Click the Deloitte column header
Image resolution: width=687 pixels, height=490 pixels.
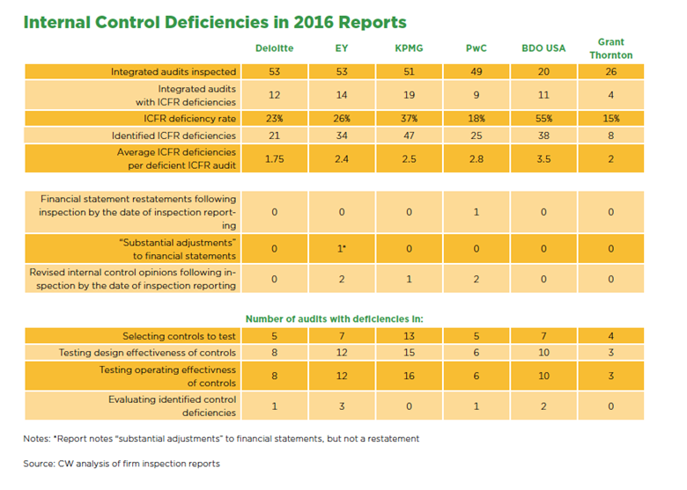tap(275, 48)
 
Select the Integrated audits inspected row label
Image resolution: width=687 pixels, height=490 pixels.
tap(174, 71)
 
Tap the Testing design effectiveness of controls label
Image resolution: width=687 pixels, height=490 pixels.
tap(147, 353)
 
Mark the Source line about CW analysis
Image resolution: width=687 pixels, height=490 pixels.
tap(122, 464)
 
